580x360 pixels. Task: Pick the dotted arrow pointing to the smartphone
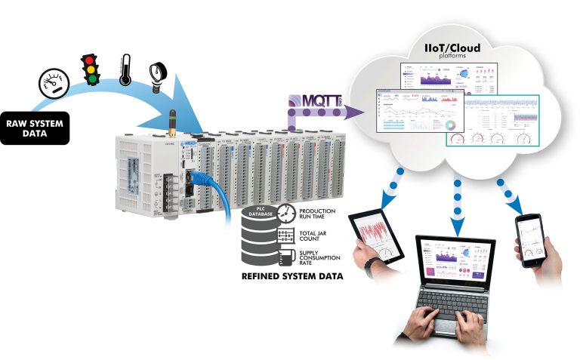point(507,195)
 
